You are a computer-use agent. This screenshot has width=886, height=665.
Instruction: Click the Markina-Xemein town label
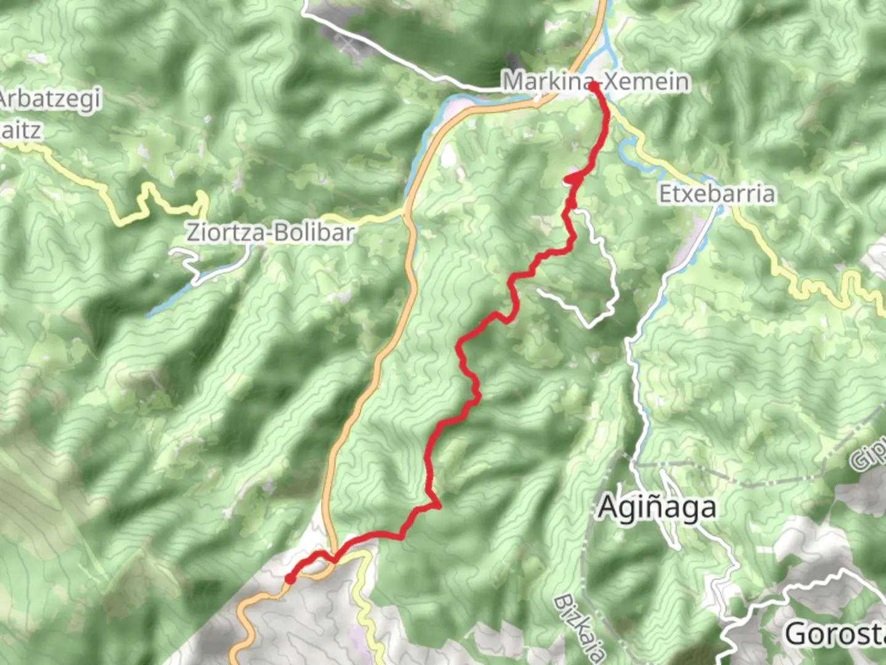click(595, 82)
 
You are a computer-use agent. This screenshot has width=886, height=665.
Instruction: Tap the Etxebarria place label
click(717, 194)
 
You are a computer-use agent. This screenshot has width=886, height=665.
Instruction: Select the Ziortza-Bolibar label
click(271, 233)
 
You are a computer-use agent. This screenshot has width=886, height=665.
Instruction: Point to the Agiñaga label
click(657, 508)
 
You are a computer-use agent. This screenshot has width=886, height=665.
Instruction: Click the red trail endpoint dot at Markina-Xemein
click(593, 87)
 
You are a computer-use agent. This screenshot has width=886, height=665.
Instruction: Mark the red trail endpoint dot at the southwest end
click(290, 578)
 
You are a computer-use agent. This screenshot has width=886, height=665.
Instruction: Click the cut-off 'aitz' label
click(21, 131)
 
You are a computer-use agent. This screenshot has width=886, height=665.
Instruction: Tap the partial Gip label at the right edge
click(868, 456)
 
